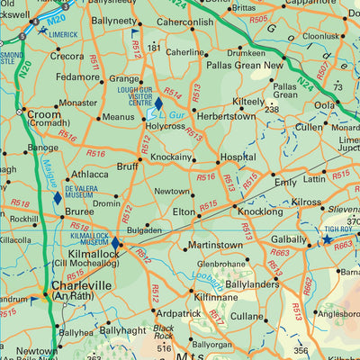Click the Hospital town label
pyautogui.click(x=238, y=157)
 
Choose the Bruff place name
pyautogui.click(x=128, y=166)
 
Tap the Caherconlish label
pyautogui.click(x=184, y=22)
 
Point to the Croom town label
pyautogui.click(x=44, y=115)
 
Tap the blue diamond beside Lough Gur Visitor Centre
pyautogui.click(x=158, y=103)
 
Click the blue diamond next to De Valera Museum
pyautogui.click(x=58, y=196)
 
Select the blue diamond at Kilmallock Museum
pyautogui.click(x=115, y=242)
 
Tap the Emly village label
pyautogui.click(x=286, y=182)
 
